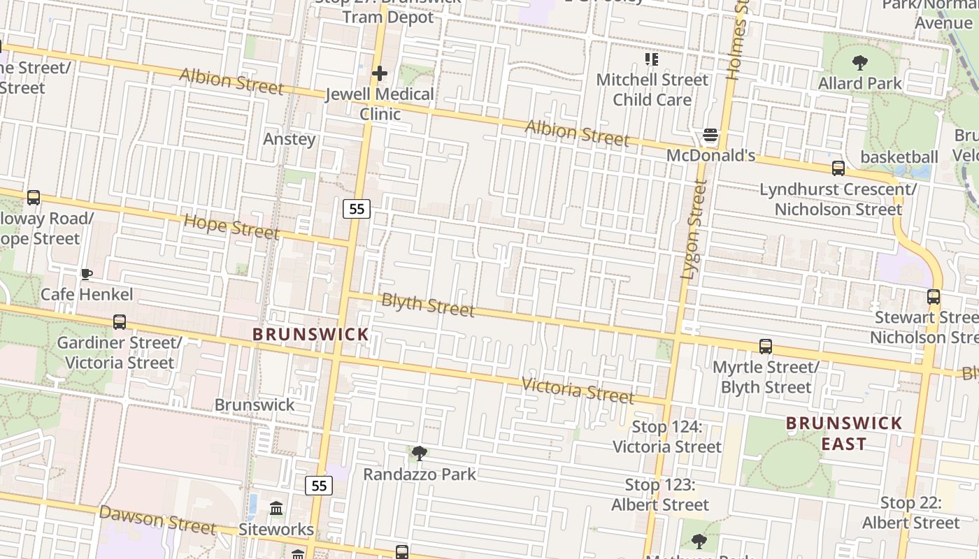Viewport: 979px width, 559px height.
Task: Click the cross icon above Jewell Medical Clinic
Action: point(380,73)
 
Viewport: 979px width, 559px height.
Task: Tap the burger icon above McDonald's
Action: point(710,135)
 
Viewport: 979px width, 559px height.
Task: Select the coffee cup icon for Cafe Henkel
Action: point(86,273)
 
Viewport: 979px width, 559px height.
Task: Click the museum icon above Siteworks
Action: point(276,508)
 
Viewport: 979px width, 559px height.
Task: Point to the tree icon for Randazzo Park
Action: point(420,453)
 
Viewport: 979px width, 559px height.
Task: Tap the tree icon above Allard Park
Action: point(860,63)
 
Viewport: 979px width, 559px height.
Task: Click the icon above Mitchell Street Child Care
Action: point(652,59)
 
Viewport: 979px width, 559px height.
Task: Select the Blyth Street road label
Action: point(428,305)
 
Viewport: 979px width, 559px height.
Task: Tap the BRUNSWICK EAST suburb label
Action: point(844,433)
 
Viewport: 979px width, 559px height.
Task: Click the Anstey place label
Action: point(290,139)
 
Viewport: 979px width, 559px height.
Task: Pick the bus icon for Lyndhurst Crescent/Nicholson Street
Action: point(838,168)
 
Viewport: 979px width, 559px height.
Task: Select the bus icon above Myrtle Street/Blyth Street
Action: point(766,347)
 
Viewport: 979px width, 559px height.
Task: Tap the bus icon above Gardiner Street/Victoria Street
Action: point(120,322)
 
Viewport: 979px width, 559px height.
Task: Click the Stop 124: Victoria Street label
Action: point(667,437)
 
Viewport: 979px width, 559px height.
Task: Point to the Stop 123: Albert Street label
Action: point(660,495)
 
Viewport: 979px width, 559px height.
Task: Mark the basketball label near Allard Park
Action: point(899,157)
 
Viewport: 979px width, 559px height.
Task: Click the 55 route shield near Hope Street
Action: point(357,208)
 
